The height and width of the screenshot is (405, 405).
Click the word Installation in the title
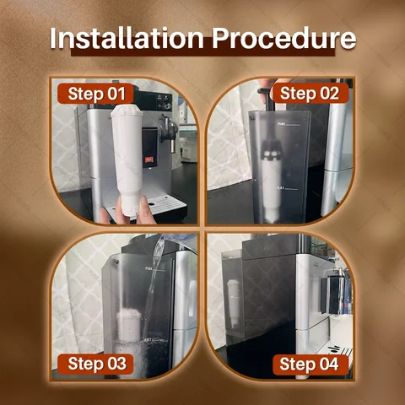pyautogui.click(x=127, y=39)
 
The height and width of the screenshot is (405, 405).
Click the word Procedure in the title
pyautogui.click(x=283, y=39)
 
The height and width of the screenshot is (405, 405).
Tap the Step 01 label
pyautogui.click(x=96, y=94)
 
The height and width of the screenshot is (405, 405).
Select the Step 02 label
pyautogui.click(x=310, y=94)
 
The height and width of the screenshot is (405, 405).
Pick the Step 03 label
pyautogui.click(x=96, y=364)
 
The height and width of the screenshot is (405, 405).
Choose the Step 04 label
pyautogui.click(x=310, y=364)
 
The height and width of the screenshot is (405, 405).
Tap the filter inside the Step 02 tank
pyautogui.click(x=271, y=180)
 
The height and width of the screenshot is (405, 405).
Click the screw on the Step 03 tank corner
pyautogui.click(x=116, y=262)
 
